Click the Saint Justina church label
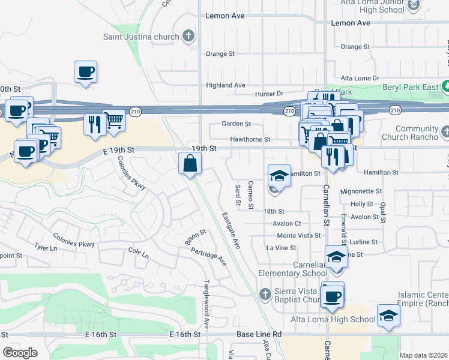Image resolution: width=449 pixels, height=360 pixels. click(x=149, y=37)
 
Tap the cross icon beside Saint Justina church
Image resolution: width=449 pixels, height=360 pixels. click(x=189, y=36)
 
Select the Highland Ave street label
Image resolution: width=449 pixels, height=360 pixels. click(x=226, y=85)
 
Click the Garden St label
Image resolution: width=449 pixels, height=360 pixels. click(x=236, y=124)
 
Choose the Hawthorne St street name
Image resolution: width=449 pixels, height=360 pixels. click(x=250, y=139)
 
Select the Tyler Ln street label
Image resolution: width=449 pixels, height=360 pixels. click(x=46, y=247)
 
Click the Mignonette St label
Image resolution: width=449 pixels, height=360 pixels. click(x=361, y=191)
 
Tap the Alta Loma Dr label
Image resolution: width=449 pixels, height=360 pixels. click(x=360, y=79)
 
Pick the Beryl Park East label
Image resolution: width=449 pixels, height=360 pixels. click(x=411, y=87)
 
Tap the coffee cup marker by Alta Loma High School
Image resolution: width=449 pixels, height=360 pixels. click(x=332, y=295)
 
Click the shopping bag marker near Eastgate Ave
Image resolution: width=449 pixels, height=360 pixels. click(x=190, y=163)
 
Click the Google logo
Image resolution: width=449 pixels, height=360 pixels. click(x=20, y=352)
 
